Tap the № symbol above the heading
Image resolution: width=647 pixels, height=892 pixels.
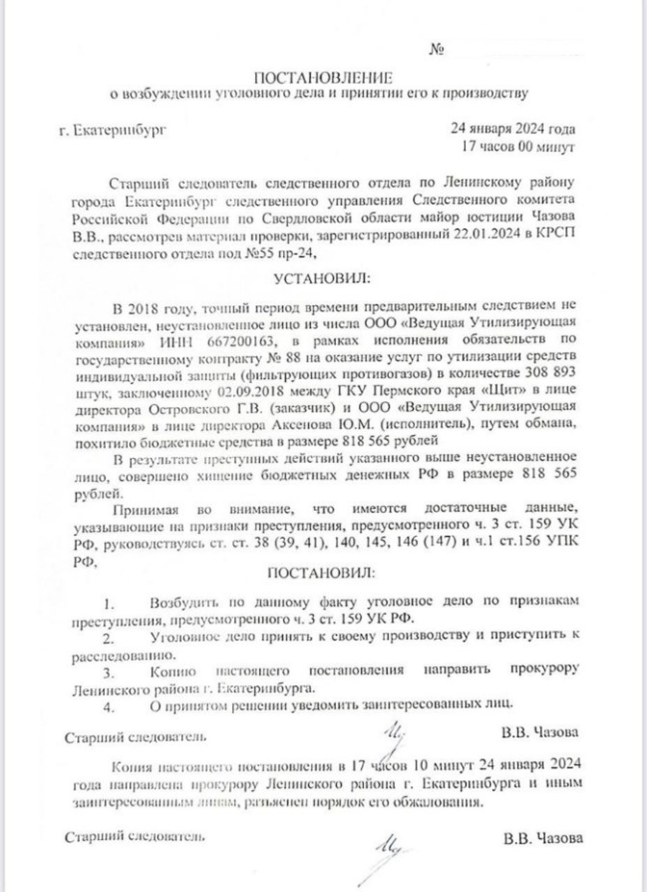435,47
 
